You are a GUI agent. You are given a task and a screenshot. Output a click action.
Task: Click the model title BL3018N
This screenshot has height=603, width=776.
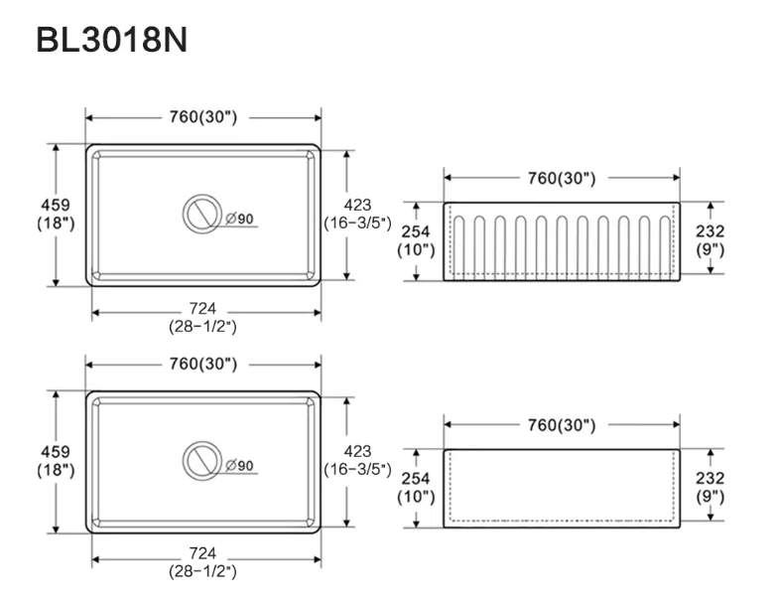(x=112, y=40)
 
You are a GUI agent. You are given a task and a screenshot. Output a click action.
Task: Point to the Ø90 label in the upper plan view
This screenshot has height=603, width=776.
(x=239, y=219)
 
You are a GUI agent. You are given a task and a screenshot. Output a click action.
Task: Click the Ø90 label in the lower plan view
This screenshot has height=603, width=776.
(x=239, y=465)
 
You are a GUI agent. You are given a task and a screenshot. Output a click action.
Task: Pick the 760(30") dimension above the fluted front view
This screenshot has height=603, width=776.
(x=562, y=178)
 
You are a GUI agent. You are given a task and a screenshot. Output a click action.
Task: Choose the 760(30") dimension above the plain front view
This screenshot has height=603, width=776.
(x=562, y=424)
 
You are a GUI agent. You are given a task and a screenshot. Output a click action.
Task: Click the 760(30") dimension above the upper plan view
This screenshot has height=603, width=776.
(x=203, y=117)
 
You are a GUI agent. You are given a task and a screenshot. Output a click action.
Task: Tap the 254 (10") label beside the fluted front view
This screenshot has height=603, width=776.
(x=416, y=240)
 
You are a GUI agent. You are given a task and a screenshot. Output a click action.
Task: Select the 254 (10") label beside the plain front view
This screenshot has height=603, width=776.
(x=416, y=487)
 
